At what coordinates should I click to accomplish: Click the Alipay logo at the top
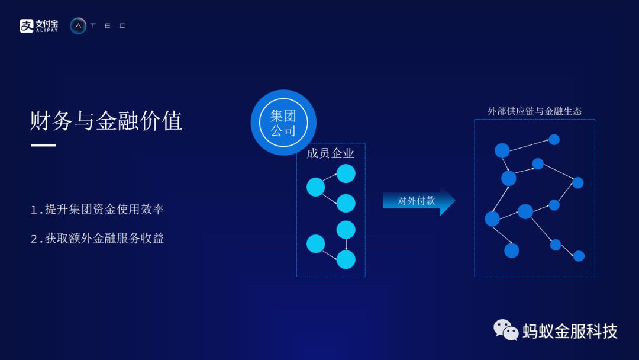coord(39,25)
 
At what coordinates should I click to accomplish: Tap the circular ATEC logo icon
coord(78,25)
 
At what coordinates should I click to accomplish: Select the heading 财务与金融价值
coord(106,121)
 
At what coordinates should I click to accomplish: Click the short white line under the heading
coord(43,145)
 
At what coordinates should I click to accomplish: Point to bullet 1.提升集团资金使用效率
coord(97,209)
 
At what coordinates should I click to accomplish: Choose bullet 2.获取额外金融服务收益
coord(97,238)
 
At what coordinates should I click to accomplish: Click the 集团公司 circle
coord(283,123)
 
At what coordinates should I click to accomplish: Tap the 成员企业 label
coord(330,153)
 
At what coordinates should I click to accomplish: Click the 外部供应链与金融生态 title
coord(534,111)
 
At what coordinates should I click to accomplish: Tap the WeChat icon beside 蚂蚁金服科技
coord(506,330)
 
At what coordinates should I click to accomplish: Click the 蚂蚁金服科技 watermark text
coord(570,331)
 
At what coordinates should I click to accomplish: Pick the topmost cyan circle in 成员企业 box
coord(346,173)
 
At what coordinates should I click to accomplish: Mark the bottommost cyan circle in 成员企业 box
coord(346,259)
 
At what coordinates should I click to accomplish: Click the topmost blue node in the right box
coord(554,140)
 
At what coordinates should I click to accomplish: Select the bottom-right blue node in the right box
coord(579,256)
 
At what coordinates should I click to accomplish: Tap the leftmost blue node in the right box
coord(492,218)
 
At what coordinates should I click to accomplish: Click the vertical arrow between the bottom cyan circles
coord(346,245)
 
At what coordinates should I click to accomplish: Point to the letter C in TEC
coord(122,25)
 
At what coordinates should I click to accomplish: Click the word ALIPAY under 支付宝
coord(47,30)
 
